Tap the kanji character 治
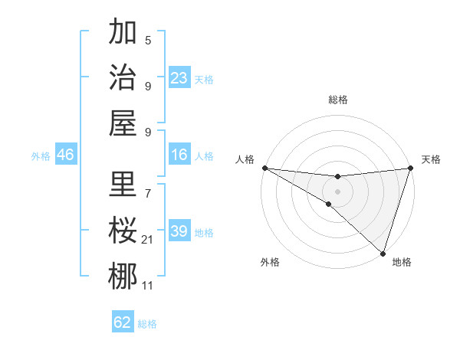123,77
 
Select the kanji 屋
123,122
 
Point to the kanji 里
123,184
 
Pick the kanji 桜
123,230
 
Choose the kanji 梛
123,276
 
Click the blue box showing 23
179,78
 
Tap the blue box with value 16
179,155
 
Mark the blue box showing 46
66,155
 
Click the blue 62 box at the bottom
123,322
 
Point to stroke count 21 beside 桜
147,241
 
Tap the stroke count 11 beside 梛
147,286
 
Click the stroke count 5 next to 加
148,41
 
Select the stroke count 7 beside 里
148,185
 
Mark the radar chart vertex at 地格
382,253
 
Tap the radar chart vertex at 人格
264,168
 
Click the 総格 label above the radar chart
337,100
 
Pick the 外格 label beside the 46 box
41,156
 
